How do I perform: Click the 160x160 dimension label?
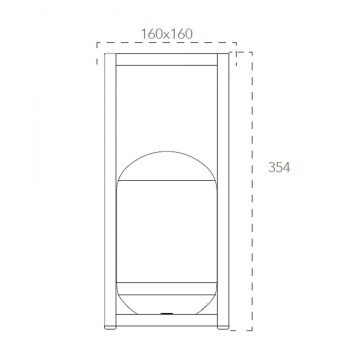(x=167, y=34)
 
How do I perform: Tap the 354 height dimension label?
(x=279, y=167)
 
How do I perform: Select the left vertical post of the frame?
(x=110, y=190)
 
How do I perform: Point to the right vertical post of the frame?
(x=223, y=190)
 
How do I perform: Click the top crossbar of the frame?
(x=167, y=59)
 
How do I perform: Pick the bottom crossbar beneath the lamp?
(x=167, y=320)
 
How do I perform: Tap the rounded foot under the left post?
(x=110, y=328)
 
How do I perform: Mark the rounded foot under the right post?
(x=223, y=328)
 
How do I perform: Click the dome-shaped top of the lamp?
(x=167, y=166)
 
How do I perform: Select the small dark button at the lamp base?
(x=166, y=314)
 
